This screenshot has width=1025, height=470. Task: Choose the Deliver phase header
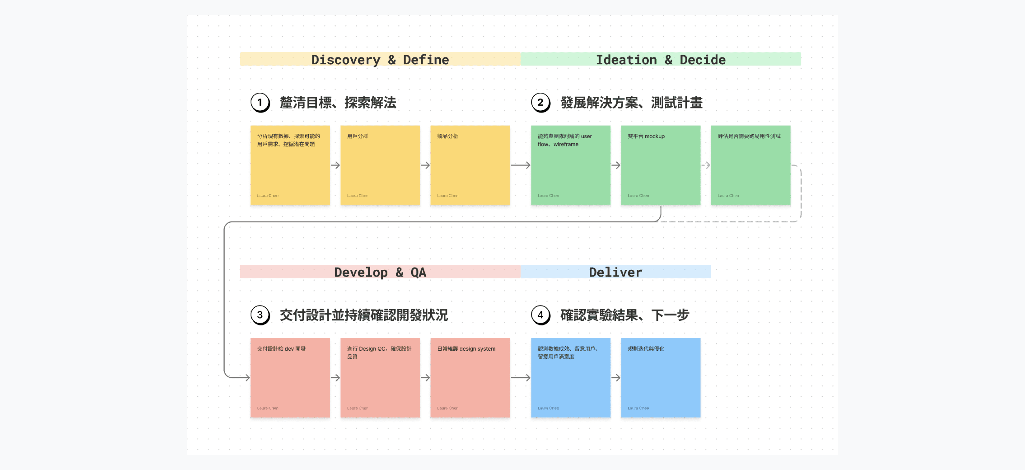coord(615,272)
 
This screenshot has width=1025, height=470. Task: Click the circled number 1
coord(260,102)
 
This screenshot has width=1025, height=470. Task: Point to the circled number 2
coord(540,102)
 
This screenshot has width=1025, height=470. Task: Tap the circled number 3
coord(260,315)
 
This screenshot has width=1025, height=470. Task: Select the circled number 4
coord(540,315)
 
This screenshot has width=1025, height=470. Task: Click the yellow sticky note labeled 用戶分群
coord(380,165)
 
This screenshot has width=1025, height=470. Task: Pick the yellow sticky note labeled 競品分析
coord(470,165)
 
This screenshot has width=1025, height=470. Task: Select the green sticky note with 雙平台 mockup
coord(661,165)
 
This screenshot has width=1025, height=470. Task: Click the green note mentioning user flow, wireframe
coord(571,165)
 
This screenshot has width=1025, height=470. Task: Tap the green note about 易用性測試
coord(750,165)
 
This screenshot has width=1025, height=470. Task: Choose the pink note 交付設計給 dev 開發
coord(290,378)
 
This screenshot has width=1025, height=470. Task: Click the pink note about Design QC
coord(380,378)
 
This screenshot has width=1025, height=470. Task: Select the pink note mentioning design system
coord(470,378)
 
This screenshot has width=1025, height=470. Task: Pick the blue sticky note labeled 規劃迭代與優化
coord(661,378)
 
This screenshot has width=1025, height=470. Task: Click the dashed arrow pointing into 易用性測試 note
coord(706,165)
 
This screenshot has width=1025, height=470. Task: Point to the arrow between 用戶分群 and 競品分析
coord(425,165)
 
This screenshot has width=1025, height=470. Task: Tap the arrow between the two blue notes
coord(616,378)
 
